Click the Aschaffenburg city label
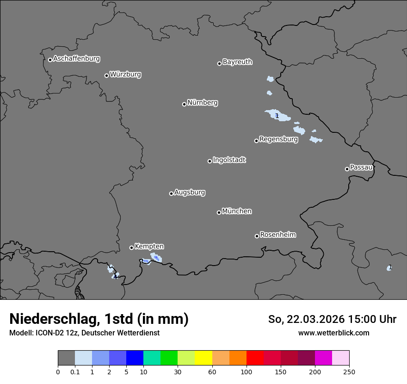click(76, 59)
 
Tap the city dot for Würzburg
click(106, 75)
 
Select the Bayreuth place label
click(237, 62)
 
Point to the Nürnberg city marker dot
click(184, 104)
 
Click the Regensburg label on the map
click(278, 139)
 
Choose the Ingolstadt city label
click(229, 160)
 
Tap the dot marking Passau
click(347, 169)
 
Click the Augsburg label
click(190, 192)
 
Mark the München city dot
click(219, 212)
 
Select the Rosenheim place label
click(277, 235)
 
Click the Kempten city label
click(149, 247)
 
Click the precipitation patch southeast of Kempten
click(156, 257)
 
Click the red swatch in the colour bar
click(255, 358)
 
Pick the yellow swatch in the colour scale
click(203, 358)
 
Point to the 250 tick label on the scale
click(349, 372)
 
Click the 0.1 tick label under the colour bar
click(75, 372)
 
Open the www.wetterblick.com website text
click(333, 333)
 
